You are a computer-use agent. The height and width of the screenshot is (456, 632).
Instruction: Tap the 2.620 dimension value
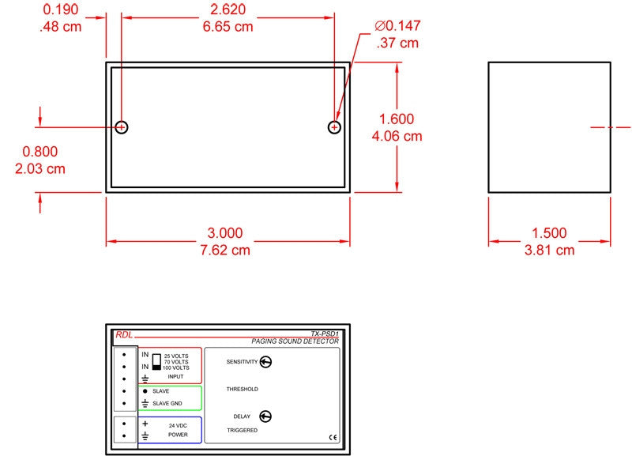(x=228, y=9)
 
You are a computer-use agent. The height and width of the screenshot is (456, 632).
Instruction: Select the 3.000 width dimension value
(x=225, y=232)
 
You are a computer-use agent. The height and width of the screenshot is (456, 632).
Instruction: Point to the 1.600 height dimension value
(x=397, y=119)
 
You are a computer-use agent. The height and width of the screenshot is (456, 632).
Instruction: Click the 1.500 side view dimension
(x=549, y=232)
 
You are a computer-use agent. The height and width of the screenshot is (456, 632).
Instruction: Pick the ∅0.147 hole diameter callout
(x=397, y=26)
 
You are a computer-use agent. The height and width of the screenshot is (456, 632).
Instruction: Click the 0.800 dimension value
(x=40, y=152)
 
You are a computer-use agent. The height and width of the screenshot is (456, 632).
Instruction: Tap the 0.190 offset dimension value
(x=61, y=9)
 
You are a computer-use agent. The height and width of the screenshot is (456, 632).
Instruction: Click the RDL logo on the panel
(x=124, y=334)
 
